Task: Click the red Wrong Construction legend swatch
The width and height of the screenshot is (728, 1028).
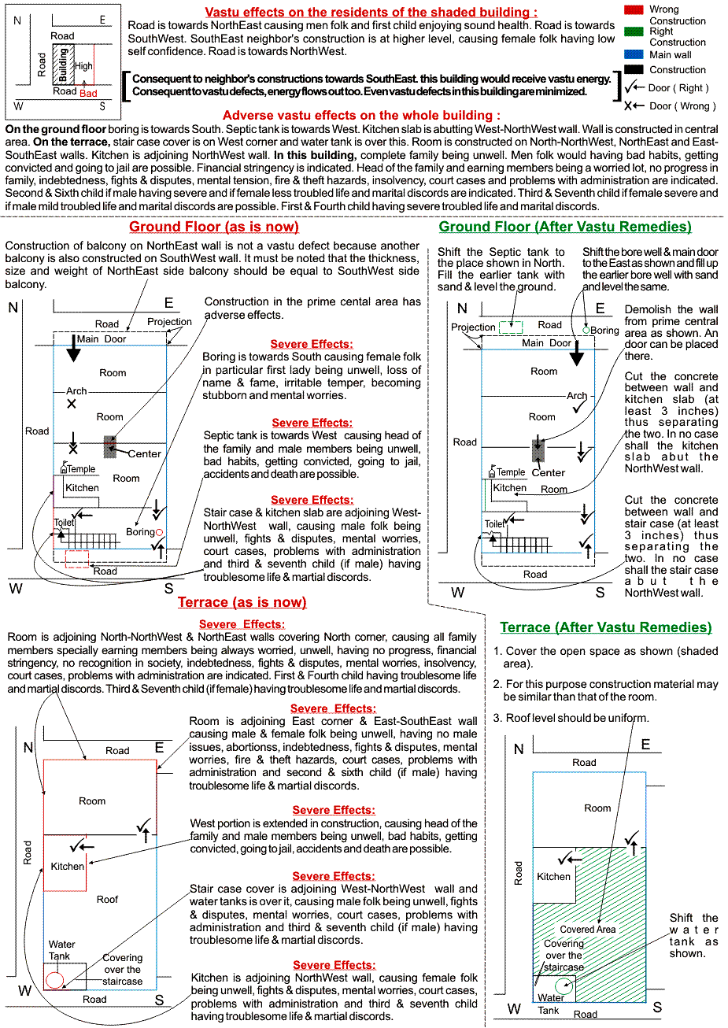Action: coord(634,9)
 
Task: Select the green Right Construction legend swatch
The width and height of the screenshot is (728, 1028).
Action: coord(634,31)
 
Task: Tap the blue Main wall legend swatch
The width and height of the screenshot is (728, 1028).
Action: coord(634,54)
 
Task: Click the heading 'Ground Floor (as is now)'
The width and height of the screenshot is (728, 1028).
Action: coord(214,227)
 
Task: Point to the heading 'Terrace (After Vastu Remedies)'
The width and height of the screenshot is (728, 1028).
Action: coord(606,627)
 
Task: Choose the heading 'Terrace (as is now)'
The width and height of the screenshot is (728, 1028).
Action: coord(242,602)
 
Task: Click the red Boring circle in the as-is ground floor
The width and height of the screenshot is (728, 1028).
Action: coord(159,533)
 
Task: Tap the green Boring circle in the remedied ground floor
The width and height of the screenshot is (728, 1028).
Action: coord(586,331)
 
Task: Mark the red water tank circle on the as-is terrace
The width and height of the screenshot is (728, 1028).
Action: coord(54,980)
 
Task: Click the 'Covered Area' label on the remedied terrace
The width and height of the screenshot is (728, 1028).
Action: coord(588,930)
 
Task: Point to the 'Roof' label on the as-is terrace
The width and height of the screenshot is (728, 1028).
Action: coord(108,899)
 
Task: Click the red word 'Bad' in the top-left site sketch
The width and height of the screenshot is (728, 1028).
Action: coord(88,93)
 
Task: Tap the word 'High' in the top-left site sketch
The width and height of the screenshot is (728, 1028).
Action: coord(83,67)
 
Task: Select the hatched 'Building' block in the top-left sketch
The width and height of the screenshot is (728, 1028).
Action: coord(62,65)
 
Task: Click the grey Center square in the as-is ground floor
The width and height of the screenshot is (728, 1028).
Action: coord(110,447)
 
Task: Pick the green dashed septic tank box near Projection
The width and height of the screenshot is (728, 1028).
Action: coord(511,327)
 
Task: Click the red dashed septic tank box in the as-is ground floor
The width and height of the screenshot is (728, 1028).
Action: coord(77,559)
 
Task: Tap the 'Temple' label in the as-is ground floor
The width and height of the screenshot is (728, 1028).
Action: coord(81,469)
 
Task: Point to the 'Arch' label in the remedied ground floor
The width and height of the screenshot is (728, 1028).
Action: coord(577,396)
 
